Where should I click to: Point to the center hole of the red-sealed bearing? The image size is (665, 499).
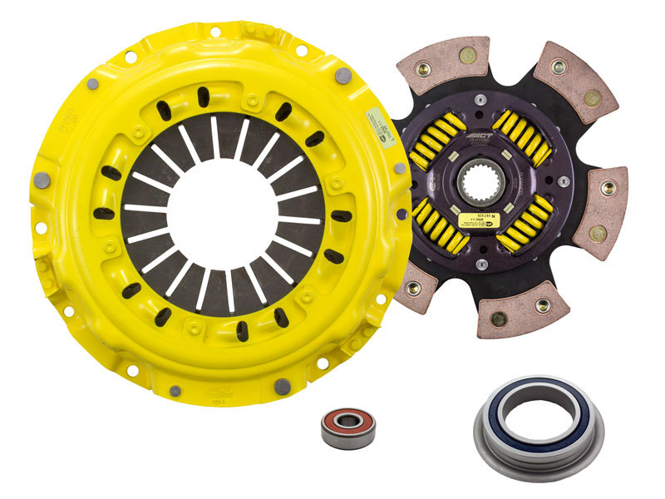click(348, 427)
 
